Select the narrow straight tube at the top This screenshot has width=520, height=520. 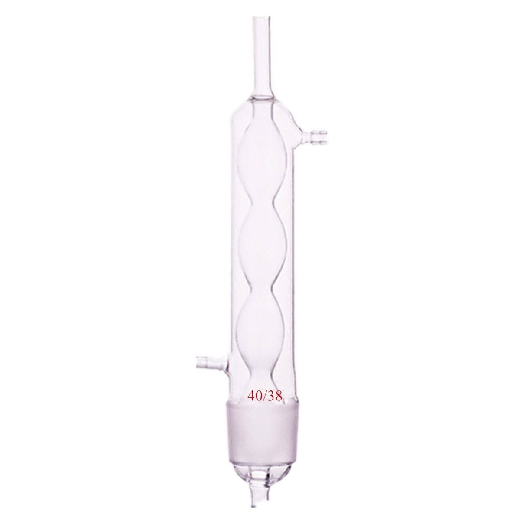click(x=262, y=52)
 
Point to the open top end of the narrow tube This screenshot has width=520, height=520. click(x=262, y=18)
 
